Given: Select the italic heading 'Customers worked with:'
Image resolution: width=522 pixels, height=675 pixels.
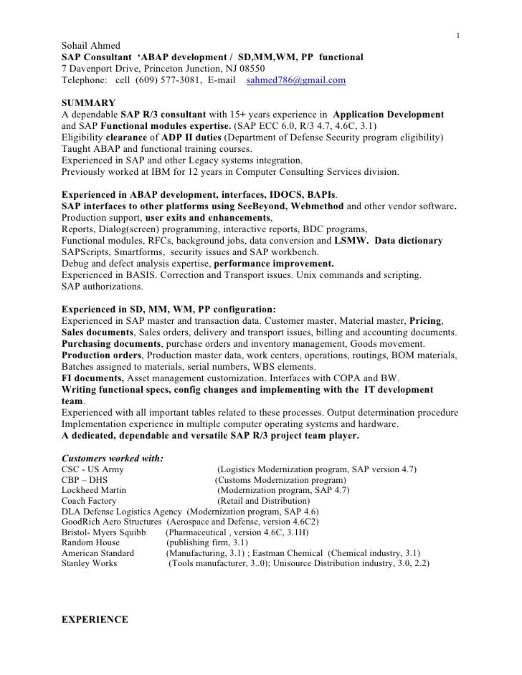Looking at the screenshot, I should coord(113,457).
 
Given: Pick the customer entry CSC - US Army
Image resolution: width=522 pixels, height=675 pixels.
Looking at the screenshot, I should coord(92,469).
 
